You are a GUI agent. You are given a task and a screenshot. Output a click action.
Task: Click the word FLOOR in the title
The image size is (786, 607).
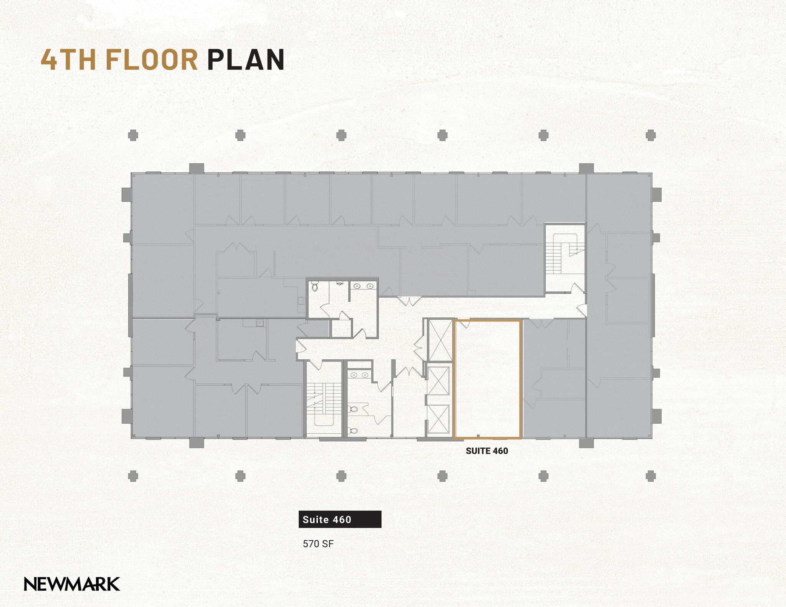[151, 60]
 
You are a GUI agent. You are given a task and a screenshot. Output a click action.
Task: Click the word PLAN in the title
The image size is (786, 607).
[246, 60]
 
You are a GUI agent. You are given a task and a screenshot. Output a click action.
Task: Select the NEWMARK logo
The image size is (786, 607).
[72, 584]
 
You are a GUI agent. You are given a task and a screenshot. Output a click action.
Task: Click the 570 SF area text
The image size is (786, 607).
[318, 544]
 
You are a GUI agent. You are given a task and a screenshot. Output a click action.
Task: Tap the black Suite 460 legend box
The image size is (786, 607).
[340, 519]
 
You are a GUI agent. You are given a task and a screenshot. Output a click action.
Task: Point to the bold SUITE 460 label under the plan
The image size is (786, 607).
[487, 451]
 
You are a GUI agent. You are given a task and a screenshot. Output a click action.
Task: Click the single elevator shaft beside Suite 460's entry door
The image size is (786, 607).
[440, 339]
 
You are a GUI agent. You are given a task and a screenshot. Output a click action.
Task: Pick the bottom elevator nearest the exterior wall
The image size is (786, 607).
[438, 419]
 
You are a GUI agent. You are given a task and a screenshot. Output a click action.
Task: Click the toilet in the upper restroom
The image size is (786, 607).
[315, 287]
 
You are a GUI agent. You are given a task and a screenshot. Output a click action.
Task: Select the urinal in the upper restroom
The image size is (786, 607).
[340, 283]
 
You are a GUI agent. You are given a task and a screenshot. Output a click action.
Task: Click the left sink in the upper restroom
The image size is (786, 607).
[357, 286]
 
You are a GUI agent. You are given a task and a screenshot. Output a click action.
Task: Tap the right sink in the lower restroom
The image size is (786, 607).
[365, 375]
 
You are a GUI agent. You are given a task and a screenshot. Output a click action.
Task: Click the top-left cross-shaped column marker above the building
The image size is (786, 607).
[133, 135]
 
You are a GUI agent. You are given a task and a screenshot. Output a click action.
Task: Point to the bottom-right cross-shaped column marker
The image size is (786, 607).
[650, 476]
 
